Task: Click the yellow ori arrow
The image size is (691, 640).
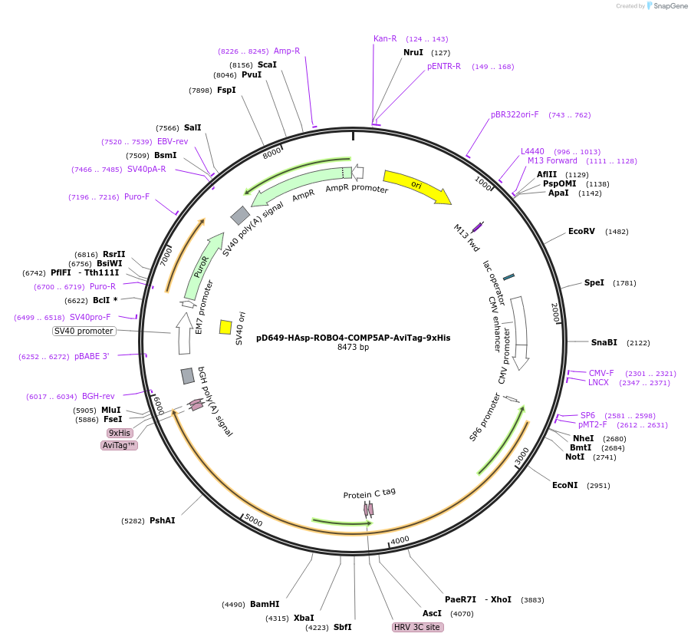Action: (416, 186)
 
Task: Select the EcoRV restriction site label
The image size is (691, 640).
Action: (581, 231)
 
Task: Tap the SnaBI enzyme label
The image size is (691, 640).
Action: (604, 342)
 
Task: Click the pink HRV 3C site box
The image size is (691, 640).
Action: (417, 627)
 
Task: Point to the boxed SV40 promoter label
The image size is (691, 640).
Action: (84, 331)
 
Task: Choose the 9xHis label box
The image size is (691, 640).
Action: (120, 433)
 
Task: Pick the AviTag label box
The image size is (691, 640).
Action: (119, 445)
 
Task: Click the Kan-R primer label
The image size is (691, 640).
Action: (385, 38)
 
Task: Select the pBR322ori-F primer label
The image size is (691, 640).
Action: (515, 115)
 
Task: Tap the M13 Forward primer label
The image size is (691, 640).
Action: (552, 161)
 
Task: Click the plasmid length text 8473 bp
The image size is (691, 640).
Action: (354, 347)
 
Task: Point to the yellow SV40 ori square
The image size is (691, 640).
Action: (225, 327)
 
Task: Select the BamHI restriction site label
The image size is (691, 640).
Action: (265, 604)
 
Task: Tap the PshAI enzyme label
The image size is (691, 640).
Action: (162, 520)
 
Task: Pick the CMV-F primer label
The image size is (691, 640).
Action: (601, 373)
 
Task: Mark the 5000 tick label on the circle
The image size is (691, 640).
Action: (253, 523)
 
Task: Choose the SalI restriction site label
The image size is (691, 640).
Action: (192, 127)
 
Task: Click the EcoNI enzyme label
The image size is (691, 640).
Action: (565, 485)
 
